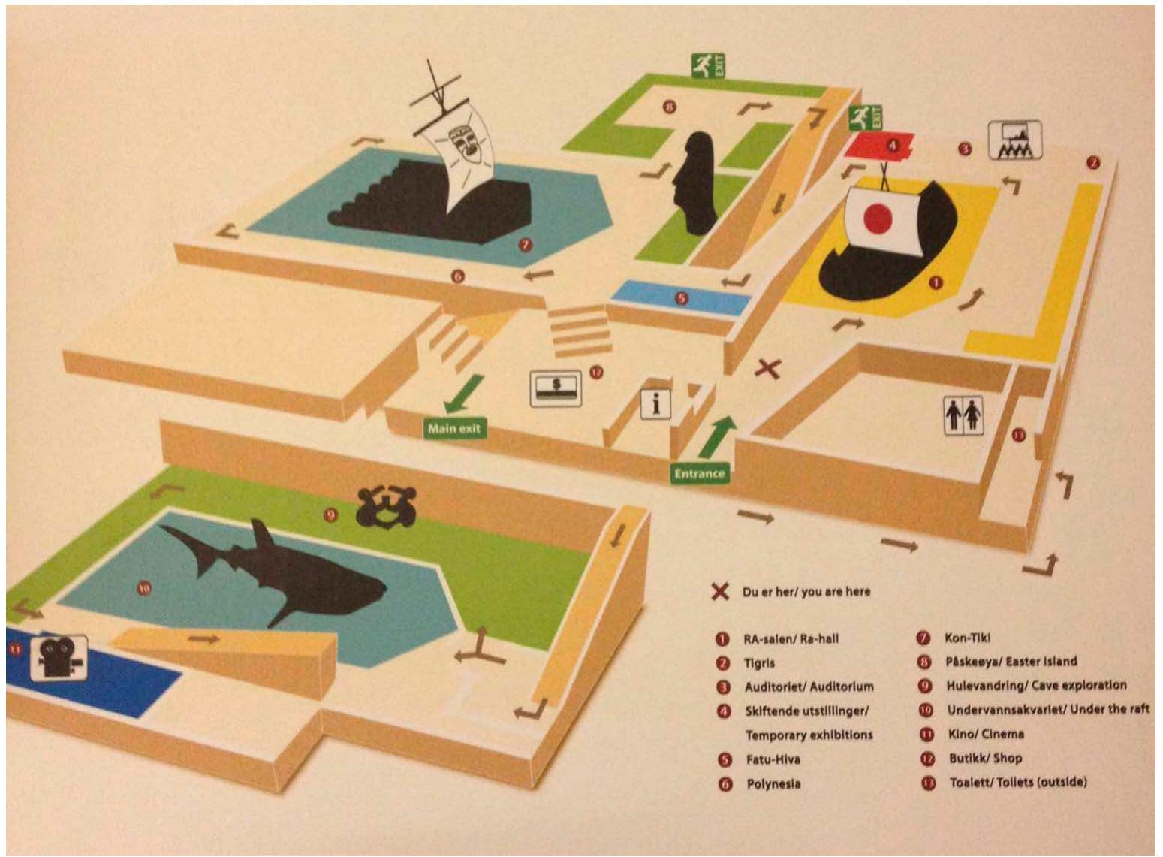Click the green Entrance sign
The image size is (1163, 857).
coord(699,473)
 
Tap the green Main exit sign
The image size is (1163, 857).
coord(453,428)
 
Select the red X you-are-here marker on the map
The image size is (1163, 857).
coord(767,368)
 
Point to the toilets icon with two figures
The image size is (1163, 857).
coord(963,415)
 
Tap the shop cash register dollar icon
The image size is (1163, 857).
coord(556,388)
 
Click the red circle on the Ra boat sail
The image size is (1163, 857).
coord(878,219)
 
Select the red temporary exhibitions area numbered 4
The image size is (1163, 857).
coord(879,144)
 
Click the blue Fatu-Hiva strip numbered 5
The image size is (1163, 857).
coord(681,298)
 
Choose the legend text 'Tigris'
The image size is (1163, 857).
coord(760,663)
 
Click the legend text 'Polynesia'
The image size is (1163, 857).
coord(773,784)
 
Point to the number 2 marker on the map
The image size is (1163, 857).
coord(1093,162)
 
